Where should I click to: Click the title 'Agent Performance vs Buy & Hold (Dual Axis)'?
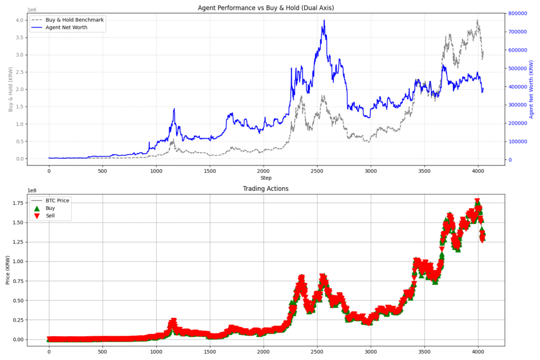tap(266, 8)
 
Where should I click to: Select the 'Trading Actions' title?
tap(266, 189)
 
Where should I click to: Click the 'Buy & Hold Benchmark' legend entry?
tap(74, 20)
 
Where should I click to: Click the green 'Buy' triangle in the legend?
tap(36, 208)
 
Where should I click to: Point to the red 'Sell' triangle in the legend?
tap(36, 216)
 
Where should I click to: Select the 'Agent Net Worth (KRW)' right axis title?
tap(532, 89)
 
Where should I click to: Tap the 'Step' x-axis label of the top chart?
tap(266, 178)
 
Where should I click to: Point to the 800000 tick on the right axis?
tap(520, 14)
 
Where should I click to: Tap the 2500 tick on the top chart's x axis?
tap(317, 171)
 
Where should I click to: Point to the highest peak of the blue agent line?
tap(324, 20)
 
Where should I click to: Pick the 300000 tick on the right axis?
tap(520, 105)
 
